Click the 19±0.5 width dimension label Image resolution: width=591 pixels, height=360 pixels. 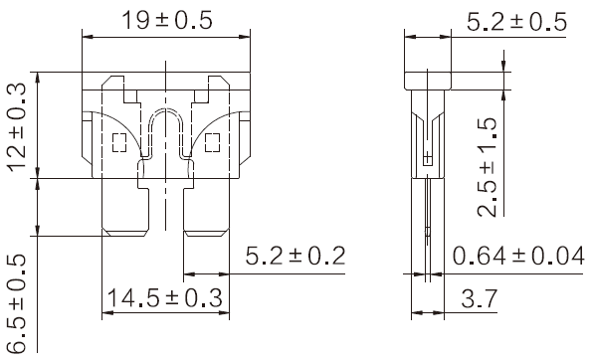[x=167, y=20]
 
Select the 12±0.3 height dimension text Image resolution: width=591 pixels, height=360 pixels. [x=17, y=127]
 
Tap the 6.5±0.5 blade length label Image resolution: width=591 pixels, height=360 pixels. [x=17, y=304]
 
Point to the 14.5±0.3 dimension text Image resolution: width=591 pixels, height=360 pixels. [x=165, y=297]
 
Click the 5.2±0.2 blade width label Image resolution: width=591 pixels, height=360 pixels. [x=295, y=256]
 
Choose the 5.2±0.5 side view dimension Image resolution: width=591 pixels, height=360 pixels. [x=516, y=22]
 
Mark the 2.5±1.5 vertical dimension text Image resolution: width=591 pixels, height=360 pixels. [x=487, y=167]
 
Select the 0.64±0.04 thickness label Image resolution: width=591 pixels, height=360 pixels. [x=518, y=256]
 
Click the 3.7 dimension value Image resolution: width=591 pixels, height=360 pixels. [x=479, y=299]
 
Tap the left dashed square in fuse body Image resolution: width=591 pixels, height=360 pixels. [x=119, y=143]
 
